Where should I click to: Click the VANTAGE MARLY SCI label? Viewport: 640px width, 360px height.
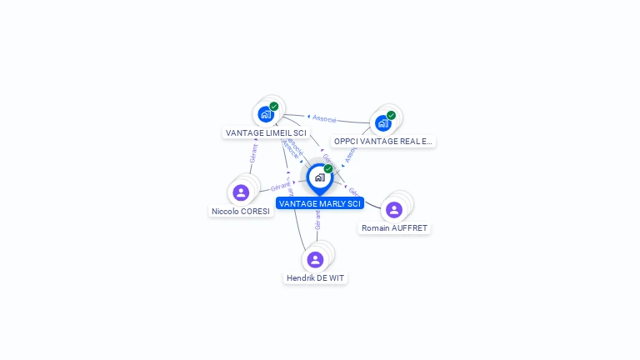pos(320,203)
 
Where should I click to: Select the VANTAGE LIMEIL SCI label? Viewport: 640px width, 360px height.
pos(266,132)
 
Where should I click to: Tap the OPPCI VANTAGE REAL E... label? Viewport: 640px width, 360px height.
pos(383,142)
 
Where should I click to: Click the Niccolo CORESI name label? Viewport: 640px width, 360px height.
pos(241,212)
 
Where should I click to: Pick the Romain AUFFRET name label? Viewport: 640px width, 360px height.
pos(395,227)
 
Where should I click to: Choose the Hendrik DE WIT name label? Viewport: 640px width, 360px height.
pos(315,277)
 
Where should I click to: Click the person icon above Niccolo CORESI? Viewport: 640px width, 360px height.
pos(241,192)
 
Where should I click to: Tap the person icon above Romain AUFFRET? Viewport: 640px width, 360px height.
pos(394,209)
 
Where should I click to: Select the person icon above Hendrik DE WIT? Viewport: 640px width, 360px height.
pos(315,259)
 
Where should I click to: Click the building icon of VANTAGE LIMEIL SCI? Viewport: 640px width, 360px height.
pos(265,114)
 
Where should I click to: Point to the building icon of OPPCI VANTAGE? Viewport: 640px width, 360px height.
pos(382,123)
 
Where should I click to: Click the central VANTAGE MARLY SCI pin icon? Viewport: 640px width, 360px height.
pos(319,177)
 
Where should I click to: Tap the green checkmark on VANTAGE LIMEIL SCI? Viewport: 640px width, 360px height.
pos(274,106)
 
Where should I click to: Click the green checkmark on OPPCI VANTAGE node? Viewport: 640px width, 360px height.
pos(392,115)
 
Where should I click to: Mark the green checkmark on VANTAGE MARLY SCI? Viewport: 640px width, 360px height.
pos(328,168)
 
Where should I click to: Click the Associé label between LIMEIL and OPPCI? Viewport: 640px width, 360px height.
pos(324,118)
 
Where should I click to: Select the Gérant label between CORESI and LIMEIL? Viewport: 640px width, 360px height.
pos(253,153)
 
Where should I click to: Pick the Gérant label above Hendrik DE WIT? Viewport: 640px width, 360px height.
pos(317,220)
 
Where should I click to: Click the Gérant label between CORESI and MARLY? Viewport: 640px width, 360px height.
pos(280,187)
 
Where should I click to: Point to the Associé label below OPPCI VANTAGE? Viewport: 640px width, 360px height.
pos(351,154)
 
